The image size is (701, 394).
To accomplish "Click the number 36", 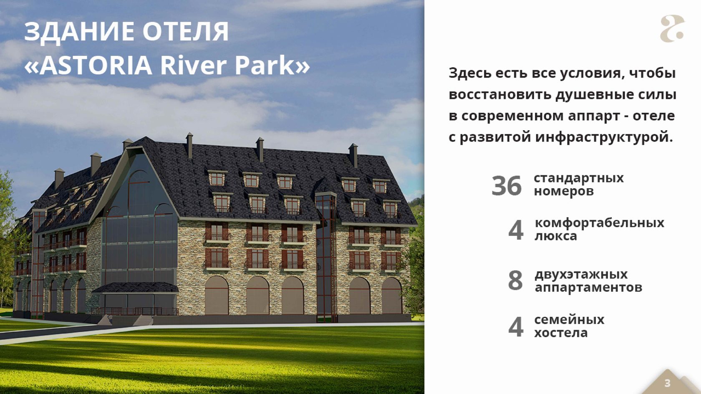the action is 507,186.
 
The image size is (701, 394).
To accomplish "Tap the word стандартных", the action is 579,178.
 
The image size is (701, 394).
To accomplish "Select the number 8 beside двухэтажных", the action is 515,280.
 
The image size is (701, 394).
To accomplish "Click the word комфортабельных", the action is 599,223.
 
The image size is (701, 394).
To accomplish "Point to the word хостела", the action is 561,333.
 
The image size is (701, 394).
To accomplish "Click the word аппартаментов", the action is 588,288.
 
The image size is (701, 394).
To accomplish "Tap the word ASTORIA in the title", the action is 96,65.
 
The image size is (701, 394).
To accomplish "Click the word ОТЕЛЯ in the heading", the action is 186,31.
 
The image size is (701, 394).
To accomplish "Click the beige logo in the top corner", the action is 672,28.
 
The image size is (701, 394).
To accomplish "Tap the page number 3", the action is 667,383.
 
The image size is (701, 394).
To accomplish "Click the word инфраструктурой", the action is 604,137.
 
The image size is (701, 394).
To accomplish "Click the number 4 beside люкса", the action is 516,230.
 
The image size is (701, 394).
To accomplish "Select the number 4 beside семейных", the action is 516,327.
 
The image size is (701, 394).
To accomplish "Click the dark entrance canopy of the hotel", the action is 135,287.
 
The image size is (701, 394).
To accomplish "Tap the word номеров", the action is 564,191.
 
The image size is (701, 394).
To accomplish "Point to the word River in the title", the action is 194,65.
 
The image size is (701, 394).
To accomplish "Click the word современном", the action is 512,116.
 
